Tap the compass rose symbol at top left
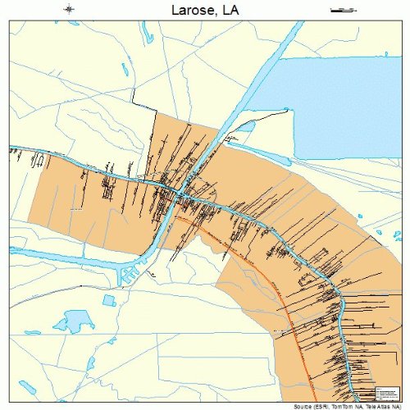pyautogui.click(x=69, y=9)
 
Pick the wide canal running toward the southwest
pyautogui.click(x=148, y=246)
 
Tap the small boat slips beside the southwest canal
pyautogui.click(x=127, y=275)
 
